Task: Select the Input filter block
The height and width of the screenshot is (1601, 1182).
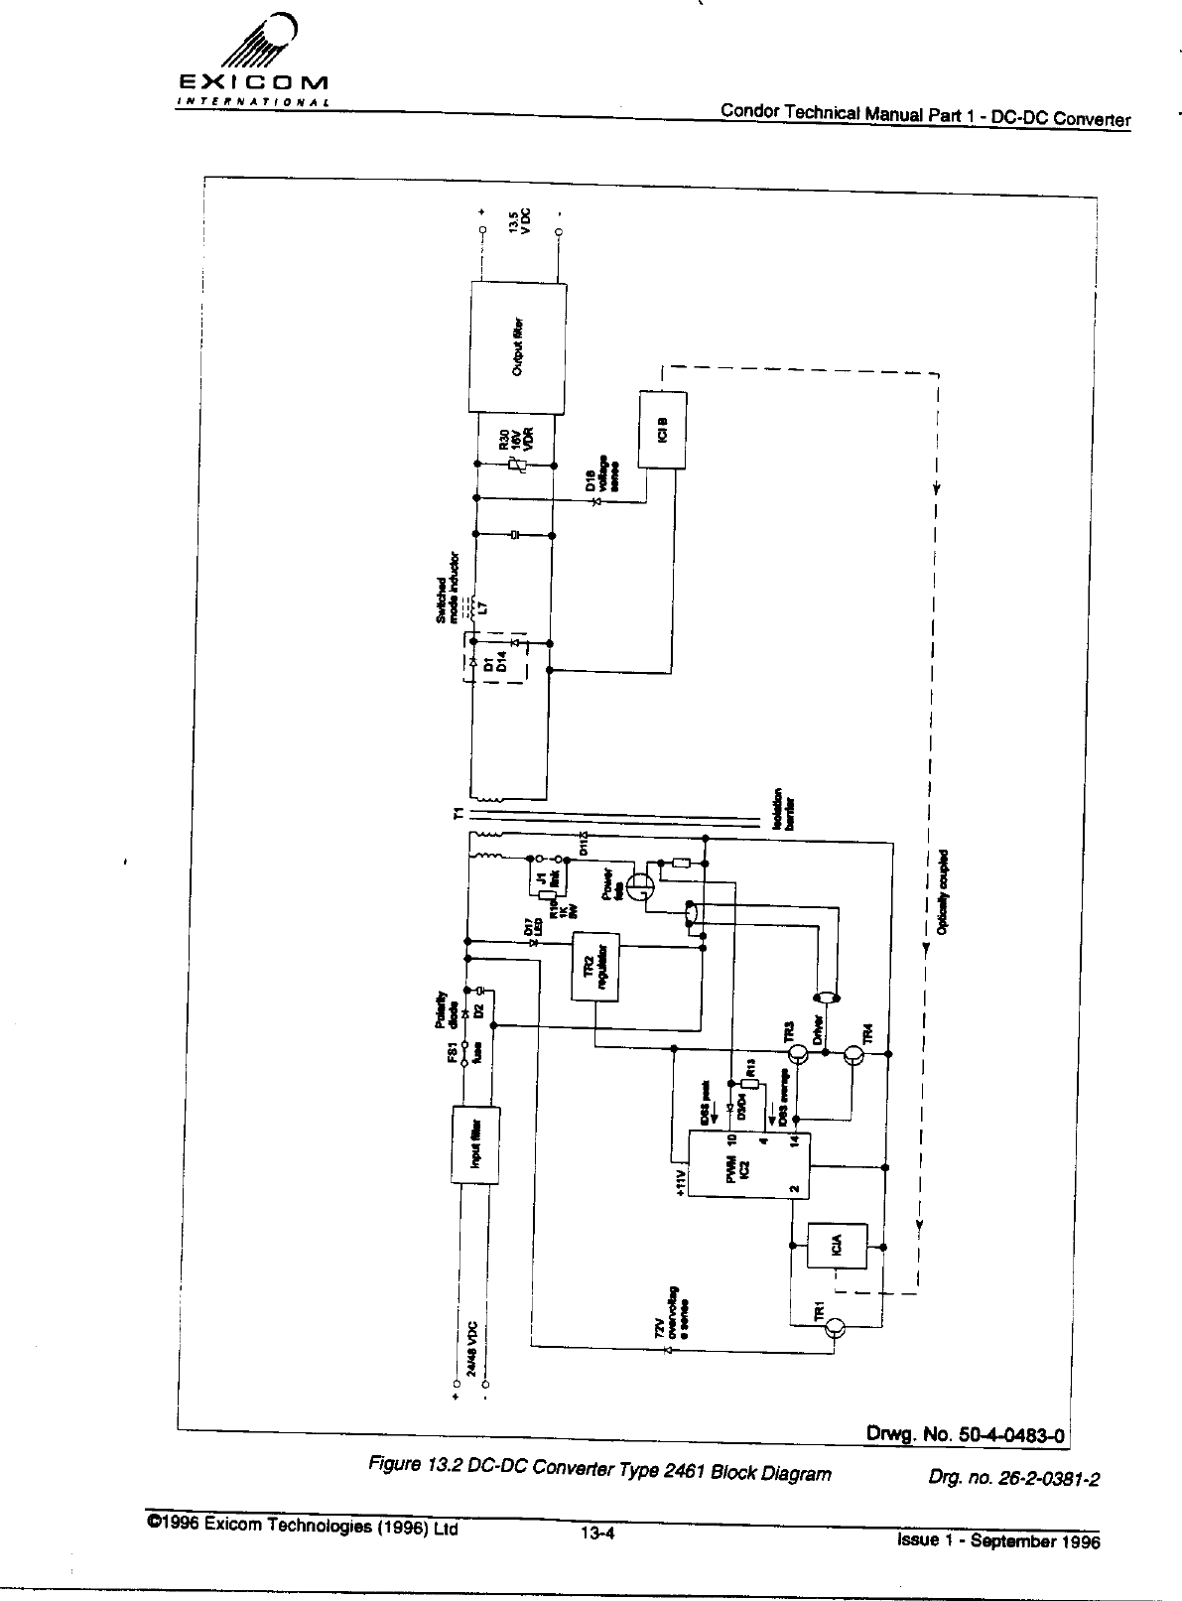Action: click(475, 1143)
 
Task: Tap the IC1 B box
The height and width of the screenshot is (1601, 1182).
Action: click(664, 429)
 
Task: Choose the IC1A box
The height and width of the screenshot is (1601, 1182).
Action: click(839, 1246)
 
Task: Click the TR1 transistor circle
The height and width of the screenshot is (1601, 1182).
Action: click(836, 1328)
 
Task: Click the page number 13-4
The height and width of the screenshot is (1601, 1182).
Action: click(599, 1533)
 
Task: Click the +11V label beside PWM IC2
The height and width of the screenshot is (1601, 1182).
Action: click(680, 1177)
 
